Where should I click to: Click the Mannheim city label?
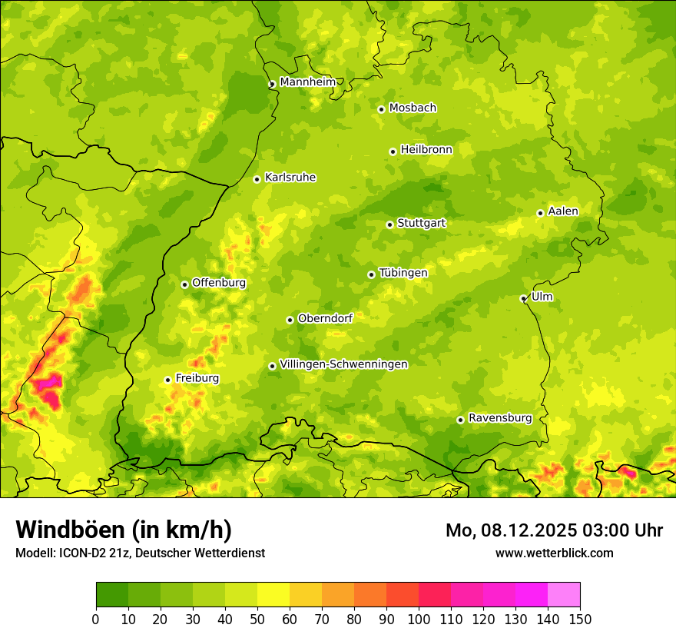tap(307, 82)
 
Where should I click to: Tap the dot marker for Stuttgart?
tap(389, 224)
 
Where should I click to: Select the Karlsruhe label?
tap(290, 178)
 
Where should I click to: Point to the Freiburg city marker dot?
tap(167, 380)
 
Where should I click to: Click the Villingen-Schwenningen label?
tap(343, 364)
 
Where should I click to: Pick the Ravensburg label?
tap(499, 418)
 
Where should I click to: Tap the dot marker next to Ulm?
tap(523, 298)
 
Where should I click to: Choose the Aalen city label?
tap(562, 211)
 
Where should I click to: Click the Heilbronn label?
tap(426, 150)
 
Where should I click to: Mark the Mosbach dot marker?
tap(381, 109)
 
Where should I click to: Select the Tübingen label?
tap(403, 273)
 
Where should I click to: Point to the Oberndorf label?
tap(325, 318)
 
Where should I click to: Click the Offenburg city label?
tap(218, 283)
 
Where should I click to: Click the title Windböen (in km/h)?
tap(123, 530)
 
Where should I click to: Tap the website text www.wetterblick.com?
tap(554, 553)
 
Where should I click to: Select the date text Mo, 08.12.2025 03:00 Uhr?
tap(554, 530)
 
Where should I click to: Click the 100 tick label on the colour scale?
tap(419, 619)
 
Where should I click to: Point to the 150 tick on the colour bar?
tap(580, 619)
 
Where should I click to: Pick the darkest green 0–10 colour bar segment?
tap(112, 594)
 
